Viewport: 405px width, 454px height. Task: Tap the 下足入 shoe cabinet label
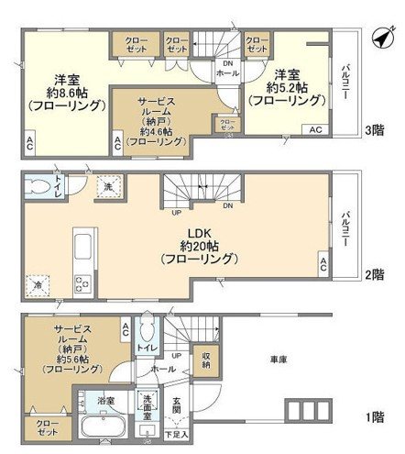(178, 432)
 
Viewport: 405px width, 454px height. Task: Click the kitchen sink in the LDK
(79, 248)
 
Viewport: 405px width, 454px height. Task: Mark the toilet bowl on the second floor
(38, 189)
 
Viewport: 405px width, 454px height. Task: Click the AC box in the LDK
(323, 265)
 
